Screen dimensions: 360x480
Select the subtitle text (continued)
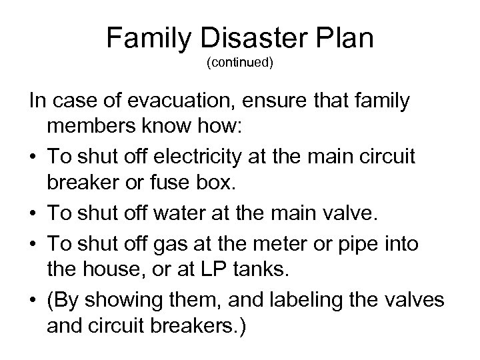[x=239, y=65]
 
